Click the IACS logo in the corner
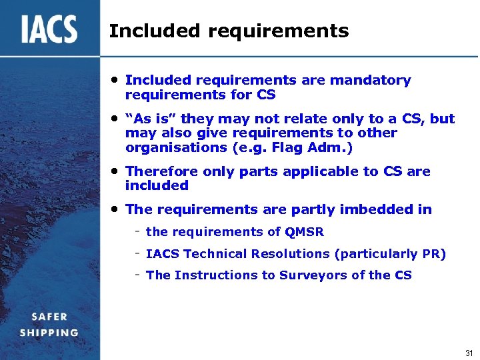point(49,29)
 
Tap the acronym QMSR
point(304,232)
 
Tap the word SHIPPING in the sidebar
point(49,332)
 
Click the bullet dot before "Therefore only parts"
point(115,171)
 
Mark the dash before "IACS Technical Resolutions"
point(136,253)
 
